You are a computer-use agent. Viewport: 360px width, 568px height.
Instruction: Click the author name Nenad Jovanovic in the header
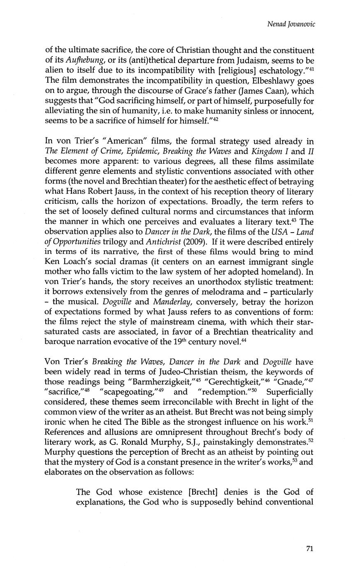click(291, 24)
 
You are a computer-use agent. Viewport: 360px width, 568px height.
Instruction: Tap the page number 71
click(311, 548)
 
